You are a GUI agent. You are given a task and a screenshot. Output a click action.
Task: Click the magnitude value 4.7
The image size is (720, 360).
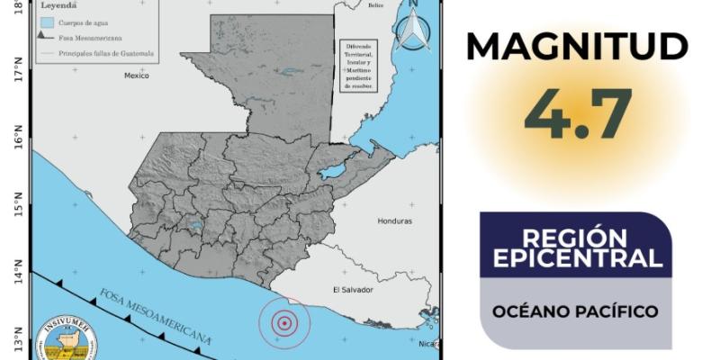pos(579,114)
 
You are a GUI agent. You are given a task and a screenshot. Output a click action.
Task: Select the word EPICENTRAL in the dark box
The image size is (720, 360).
pos(577,259)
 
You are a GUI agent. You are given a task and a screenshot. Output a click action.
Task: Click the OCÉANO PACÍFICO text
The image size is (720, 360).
pos(576,312)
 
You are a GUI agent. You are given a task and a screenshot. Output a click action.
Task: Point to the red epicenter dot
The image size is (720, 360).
pos(284,322)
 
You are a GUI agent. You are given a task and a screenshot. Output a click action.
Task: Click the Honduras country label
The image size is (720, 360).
pos(394,220)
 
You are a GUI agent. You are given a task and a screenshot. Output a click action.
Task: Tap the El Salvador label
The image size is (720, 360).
pos(353,290)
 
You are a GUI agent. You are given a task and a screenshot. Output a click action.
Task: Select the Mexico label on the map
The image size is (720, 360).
pos(135,76)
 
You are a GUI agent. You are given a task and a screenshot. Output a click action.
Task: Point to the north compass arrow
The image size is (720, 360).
pos(412,27)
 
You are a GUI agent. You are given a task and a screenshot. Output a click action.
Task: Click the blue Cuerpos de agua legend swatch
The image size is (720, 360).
pos(47,20)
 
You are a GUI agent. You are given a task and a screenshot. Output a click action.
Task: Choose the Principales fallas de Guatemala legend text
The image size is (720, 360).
pos(106,54)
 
